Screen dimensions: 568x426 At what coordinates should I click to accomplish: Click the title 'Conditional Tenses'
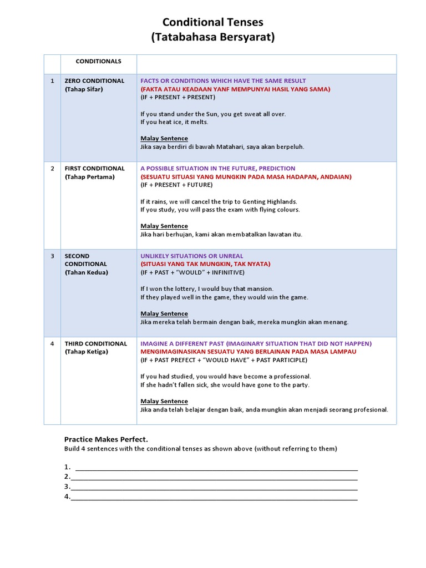pos(213,22)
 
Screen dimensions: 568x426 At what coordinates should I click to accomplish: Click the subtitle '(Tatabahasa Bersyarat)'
pos(213,38)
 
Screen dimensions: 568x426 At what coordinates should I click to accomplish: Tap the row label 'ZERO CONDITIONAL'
pos(94,81)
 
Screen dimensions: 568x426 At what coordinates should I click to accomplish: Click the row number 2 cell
pos(52,169)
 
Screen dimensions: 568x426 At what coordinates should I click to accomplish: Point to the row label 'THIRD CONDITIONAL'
pos(95,344)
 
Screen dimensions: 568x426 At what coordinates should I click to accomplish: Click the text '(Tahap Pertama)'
pos(89,177)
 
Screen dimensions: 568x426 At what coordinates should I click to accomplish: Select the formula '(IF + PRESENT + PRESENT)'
pos(177,97)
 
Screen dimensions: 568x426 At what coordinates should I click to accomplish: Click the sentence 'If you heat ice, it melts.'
pos(174,122)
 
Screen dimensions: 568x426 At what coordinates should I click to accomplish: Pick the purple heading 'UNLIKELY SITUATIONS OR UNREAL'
pos(191,256)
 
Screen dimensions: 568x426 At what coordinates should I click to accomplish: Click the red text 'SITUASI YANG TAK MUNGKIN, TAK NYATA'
pos(206,264)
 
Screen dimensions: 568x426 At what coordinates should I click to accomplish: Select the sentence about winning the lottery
pos(207,289)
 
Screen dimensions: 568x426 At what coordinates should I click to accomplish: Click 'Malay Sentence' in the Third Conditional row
pos(164,401)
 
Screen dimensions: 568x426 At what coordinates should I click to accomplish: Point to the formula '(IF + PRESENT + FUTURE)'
pos(176,185)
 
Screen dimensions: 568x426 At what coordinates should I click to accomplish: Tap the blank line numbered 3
pos(214,487)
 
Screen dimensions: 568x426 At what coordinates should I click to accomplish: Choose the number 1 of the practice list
pos(67,467)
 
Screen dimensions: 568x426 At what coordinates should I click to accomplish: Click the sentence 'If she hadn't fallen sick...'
pos(225,385)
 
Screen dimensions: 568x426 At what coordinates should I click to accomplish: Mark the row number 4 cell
pos(52,344)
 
